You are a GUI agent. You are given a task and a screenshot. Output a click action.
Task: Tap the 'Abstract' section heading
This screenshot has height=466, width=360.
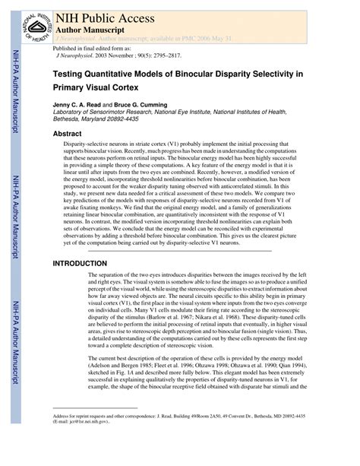[x=67, y=133]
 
